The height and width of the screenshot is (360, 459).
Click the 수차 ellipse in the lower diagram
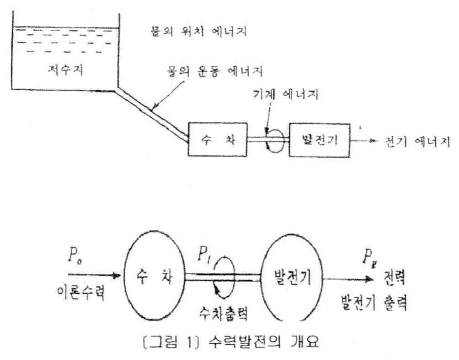click(x=154, y=277)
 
